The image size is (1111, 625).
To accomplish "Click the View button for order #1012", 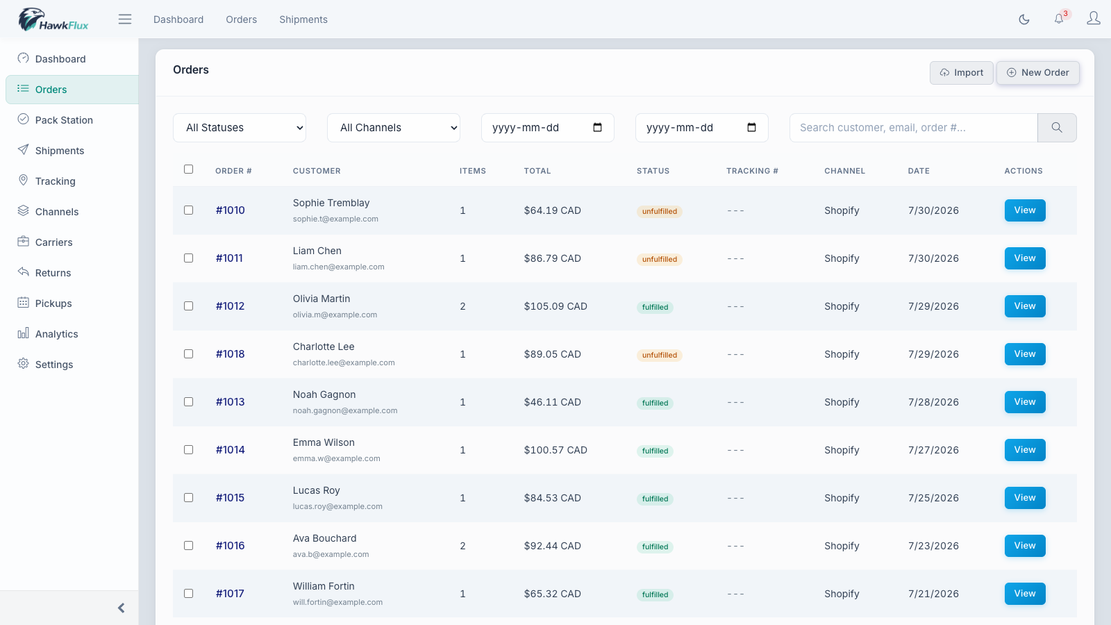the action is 1025,306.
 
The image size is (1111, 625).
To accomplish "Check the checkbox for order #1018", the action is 188,353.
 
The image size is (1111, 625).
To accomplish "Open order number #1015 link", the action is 230,497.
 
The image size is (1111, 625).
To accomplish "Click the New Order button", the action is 1037,72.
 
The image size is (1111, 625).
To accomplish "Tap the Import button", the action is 961,72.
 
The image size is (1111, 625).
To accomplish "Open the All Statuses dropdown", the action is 240,128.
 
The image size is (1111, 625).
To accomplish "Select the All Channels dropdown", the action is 394,128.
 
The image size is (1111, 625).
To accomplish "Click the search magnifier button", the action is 1057,128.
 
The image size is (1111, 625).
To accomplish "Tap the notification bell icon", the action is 1059,19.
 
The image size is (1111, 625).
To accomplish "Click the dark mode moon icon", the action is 1024,19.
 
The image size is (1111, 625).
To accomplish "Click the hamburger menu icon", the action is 125,19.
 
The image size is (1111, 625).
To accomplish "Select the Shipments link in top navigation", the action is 303,19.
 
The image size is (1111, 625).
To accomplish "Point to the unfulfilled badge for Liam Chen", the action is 659,259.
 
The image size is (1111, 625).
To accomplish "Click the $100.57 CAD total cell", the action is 555,450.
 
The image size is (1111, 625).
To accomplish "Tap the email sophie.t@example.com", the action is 335,219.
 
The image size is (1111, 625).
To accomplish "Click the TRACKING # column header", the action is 752,171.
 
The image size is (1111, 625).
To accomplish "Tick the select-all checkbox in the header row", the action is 188,169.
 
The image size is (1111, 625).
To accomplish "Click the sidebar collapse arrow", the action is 121,608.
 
